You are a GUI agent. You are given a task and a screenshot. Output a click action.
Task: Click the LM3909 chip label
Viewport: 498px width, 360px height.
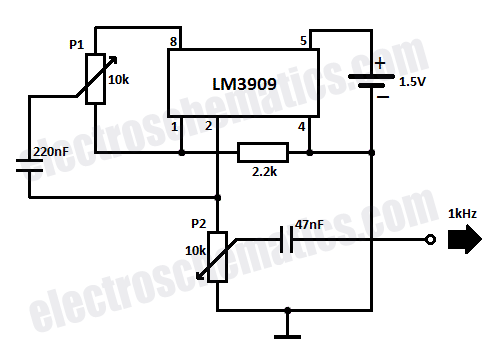244,84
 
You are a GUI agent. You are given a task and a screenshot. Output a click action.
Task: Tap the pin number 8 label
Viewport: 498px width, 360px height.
173,41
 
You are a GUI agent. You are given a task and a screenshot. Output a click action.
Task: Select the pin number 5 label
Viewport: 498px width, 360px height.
303,41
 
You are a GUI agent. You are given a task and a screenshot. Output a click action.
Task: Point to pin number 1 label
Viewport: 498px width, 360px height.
174,127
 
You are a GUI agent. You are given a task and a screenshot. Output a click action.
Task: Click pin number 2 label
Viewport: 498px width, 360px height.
209,126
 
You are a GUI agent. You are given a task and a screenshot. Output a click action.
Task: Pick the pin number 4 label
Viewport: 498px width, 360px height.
301,126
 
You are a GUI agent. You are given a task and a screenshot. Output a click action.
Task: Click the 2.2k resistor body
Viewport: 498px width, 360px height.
263,153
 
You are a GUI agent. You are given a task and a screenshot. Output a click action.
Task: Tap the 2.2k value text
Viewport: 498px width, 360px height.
264,171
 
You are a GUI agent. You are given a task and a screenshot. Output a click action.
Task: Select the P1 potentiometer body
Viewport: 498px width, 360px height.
96,79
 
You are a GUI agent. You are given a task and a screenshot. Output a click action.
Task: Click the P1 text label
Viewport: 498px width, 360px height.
76,44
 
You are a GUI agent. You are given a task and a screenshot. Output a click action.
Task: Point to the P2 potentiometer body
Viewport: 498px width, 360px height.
218,257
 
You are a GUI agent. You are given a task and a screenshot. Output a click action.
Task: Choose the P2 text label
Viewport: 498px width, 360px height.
199,223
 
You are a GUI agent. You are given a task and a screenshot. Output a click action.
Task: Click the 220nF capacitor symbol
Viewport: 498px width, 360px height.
29,166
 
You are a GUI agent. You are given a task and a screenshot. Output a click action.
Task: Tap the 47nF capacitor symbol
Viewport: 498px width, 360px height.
287,239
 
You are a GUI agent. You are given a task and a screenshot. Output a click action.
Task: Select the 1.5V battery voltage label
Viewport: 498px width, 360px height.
412,82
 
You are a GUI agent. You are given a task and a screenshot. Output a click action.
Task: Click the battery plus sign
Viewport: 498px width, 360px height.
380,63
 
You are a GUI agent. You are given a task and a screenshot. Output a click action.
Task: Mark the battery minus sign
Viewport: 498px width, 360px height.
383,97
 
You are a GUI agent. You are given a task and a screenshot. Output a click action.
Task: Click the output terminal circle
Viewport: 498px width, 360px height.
431,240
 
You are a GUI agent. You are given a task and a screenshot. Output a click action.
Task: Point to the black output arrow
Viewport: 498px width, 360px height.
465,239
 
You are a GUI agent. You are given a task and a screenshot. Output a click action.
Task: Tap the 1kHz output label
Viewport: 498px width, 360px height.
462,213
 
